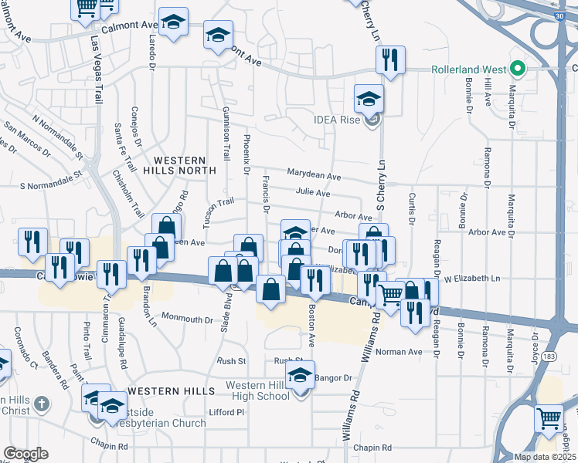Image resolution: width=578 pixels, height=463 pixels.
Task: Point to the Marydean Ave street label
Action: coord(314,176)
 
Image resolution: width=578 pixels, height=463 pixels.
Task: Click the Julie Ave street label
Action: coord(312,193)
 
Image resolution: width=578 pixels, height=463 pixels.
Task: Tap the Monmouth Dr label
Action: coord(187,319)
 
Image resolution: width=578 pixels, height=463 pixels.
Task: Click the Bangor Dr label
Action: coord(332,378)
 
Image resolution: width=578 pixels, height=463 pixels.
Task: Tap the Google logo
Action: coord(25,454)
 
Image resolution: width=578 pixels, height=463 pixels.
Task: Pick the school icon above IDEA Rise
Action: coord(369,98)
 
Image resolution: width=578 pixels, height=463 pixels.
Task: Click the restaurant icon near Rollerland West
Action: coord(389,59)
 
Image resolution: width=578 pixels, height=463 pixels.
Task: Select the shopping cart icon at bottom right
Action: coord(549,419)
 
